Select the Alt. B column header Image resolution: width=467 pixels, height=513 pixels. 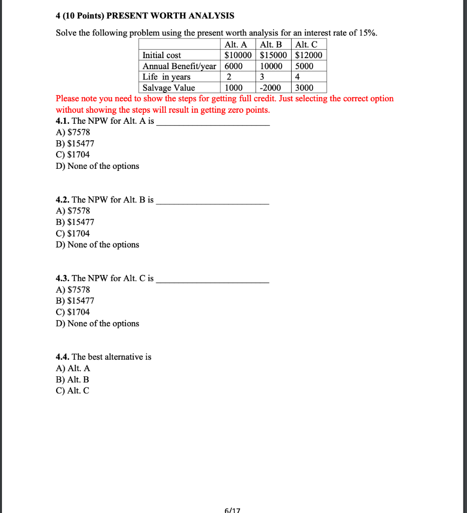coord(272,45)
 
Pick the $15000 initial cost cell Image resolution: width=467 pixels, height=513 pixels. coord(273,55)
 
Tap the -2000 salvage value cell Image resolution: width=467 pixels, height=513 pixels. coord(271,88)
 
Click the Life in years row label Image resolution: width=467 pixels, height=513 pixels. coord(166,77)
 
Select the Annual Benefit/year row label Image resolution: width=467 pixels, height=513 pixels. coord(179,66)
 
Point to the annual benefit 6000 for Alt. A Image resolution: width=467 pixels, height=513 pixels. coord(233,66)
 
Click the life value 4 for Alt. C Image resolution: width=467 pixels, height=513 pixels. coord(298,77)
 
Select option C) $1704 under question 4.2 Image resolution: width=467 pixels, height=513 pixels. coord(73,233)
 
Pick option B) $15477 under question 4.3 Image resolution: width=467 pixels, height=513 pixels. coord(75,301)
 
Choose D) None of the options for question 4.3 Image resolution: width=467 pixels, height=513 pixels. coord(98,323)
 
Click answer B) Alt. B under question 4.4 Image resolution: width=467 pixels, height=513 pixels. coord(73,380)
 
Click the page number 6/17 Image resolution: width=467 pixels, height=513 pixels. coord(233,510)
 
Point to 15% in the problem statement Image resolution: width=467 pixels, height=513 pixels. coord(367,33)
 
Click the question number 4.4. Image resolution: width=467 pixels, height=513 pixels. coord(63,357)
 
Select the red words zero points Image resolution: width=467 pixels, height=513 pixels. coord(250,110)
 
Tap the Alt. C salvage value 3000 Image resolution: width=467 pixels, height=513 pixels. coord(304,88)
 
